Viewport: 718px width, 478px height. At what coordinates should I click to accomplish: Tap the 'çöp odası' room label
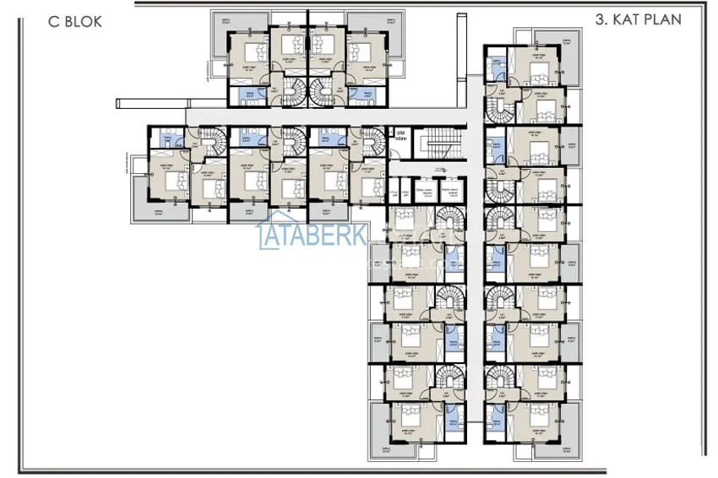400,135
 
